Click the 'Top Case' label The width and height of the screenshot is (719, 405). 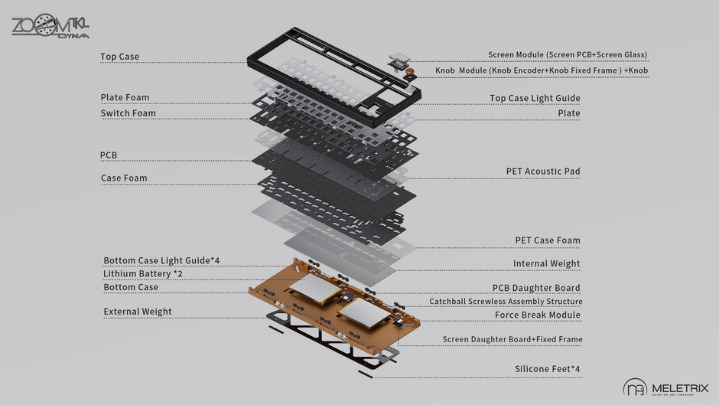pos(120,57)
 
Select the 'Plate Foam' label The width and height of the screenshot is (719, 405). pos(125,97)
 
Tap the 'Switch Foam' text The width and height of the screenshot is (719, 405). pos(128,113)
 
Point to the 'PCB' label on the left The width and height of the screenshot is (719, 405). pos(109,155)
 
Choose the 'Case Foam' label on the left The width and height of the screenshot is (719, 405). pos(124,178)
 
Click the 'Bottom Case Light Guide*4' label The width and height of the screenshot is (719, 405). pos(161,260)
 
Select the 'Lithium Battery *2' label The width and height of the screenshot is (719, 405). pos(143,273)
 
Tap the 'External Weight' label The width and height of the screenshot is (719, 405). pos(138,312)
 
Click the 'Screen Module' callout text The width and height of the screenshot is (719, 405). pos(568,55)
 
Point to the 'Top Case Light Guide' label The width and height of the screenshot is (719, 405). pos(535,98)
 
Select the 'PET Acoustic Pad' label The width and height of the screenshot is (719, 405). pos(542,171)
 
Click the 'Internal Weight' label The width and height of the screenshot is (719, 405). pos(546,264)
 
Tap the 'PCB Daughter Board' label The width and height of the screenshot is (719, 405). pos(535,288)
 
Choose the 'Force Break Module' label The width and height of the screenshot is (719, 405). pos(538,315)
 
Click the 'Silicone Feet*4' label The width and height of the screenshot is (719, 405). pos(547,369)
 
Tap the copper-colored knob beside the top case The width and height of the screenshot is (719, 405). pos(411,74)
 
